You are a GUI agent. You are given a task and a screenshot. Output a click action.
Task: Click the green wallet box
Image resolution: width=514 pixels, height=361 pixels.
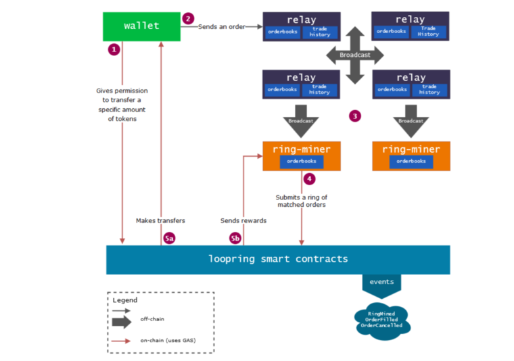(x=141, y=26)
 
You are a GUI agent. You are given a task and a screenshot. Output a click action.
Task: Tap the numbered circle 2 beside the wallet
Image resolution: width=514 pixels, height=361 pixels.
(x=188, y=19)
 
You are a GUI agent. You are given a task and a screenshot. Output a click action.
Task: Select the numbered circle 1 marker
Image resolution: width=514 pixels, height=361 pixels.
(x=114, y=49)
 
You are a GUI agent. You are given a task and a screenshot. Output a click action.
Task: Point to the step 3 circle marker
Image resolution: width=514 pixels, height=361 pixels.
(x=355, y=116)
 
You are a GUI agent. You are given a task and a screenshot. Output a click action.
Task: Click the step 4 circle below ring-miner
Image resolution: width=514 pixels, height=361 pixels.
(x=310, y=179)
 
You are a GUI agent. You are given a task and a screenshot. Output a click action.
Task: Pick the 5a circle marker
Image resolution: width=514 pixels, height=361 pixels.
(x=169, y=238)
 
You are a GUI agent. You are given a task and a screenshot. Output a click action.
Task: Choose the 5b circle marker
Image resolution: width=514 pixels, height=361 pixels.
(x=235, y=238)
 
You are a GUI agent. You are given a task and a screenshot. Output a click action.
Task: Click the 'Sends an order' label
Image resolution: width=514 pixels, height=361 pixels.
(x=222, y=27)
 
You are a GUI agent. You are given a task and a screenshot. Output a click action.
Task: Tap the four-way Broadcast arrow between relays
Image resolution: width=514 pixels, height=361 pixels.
(x=355, y=55)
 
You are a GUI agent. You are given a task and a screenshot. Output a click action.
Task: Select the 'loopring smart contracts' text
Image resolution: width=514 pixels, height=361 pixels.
(x=278, y=259)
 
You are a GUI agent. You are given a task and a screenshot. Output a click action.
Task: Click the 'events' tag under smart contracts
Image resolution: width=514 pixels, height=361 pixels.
(x=381, y=285)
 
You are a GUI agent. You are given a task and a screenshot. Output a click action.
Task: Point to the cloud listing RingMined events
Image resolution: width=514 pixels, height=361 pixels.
(x=382, y=320)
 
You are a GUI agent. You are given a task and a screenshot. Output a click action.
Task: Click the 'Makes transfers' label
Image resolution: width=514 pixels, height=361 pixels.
(x=160, y=221)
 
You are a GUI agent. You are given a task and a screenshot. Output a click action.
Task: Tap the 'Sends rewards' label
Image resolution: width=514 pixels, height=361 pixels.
(x=243, y=221)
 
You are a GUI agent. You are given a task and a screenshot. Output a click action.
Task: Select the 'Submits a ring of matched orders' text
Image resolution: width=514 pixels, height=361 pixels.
(x=302, y=201)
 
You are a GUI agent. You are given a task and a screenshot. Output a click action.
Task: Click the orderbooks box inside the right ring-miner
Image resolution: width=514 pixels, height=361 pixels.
(x=411, y=161)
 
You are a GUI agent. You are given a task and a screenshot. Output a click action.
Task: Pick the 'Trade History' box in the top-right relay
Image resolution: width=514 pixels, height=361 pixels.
(x=428, y=32)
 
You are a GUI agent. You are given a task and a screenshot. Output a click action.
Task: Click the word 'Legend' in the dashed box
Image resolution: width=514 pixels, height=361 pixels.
(x=125, y=300)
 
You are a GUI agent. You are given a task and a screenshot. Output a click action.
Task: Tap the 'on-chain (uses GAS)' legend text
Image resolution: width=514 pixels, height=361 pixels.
(x=168, y=340)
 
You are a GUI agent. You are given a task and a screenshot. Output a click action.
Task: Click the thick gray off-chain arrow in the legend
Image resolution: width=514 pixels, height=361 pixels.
(x=122, y=322)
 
